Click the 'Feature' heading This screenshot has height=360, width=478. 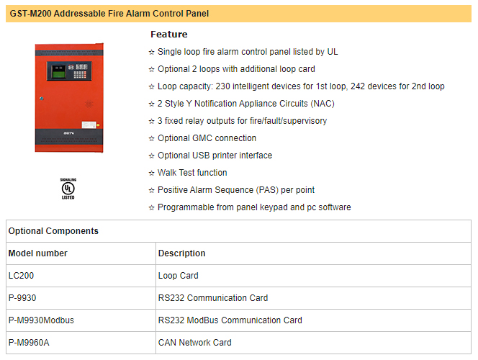coord(168,35)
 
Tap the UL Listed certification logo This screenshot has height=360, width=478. coord(68,189)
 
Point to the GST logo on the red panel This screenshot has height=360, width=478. coord(68,134)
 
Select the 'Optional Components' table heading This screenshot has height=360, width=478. coord(53,231)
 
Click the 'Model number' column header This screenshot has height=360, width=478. coord(37,253)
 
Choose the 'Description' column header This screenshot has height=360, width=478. coord(181,253)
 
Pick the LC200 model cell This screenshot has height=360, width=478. coord(22,276)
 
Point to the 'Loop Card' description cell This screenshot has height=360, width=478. coord(178,276)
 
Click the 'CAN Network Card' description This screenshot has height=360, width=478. coord(194,343)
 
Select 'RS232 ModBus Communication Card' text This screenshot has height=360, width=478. coord(230,320)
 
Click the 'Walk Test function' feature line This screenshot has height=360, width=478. coord(192,173)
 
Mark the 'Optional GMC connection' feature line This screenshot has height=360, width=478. coord(207,138)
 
